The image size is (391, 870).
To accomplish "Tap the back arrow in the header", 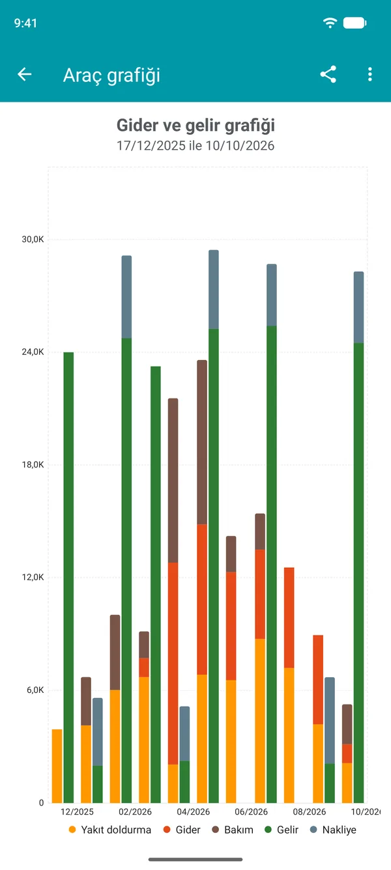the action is tap(24, 74).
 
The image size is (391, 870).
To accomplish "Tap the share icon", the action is tap(328, 74).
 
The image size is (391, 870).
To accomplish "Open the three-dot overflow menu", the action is tap(369, 74).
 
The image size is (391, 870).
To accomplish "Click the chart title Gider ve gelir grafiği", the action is tap(195, 126).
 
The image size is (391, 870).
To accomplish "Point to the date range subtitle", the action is tap(195, 146).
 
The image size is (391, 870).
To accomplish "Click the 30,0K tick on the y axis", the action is tap(33, 239).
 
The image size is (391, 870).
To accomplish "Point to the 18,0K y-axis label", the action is tap(33, 464).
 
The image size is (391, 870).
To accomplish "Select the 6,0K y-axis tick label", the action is tap(35, 690).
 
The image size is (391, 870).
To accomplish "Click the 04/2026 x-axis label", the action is tap(193, 812).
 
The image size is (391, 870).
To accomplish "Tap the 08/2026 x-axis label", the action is tap(310, 812).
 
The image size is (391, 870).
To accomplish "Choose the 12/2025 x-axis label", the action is tap(77, 812).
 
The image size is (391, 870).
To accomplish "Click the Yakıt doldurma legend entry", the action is tap(109, 830).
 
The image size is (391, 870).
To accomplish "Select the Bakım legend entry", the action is tap(233, 830).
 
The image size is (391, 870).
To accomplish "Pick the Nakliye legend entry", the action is tap(333, 830).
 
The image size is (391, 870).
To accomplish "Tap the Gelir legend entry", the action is tap(281, 830).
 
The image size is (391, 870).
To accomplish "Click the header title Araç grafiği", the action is tap(111, 76).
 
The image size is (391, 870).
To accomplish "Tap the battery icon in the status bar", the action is tap(355, 23).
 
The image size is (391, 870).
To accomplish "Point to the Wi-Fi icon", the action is tap(330, 23).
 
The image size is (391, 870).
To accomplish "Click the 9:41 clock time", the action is tap(25, 23).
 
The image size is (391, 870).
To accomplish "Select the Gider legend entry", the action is tap(182, 830).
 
